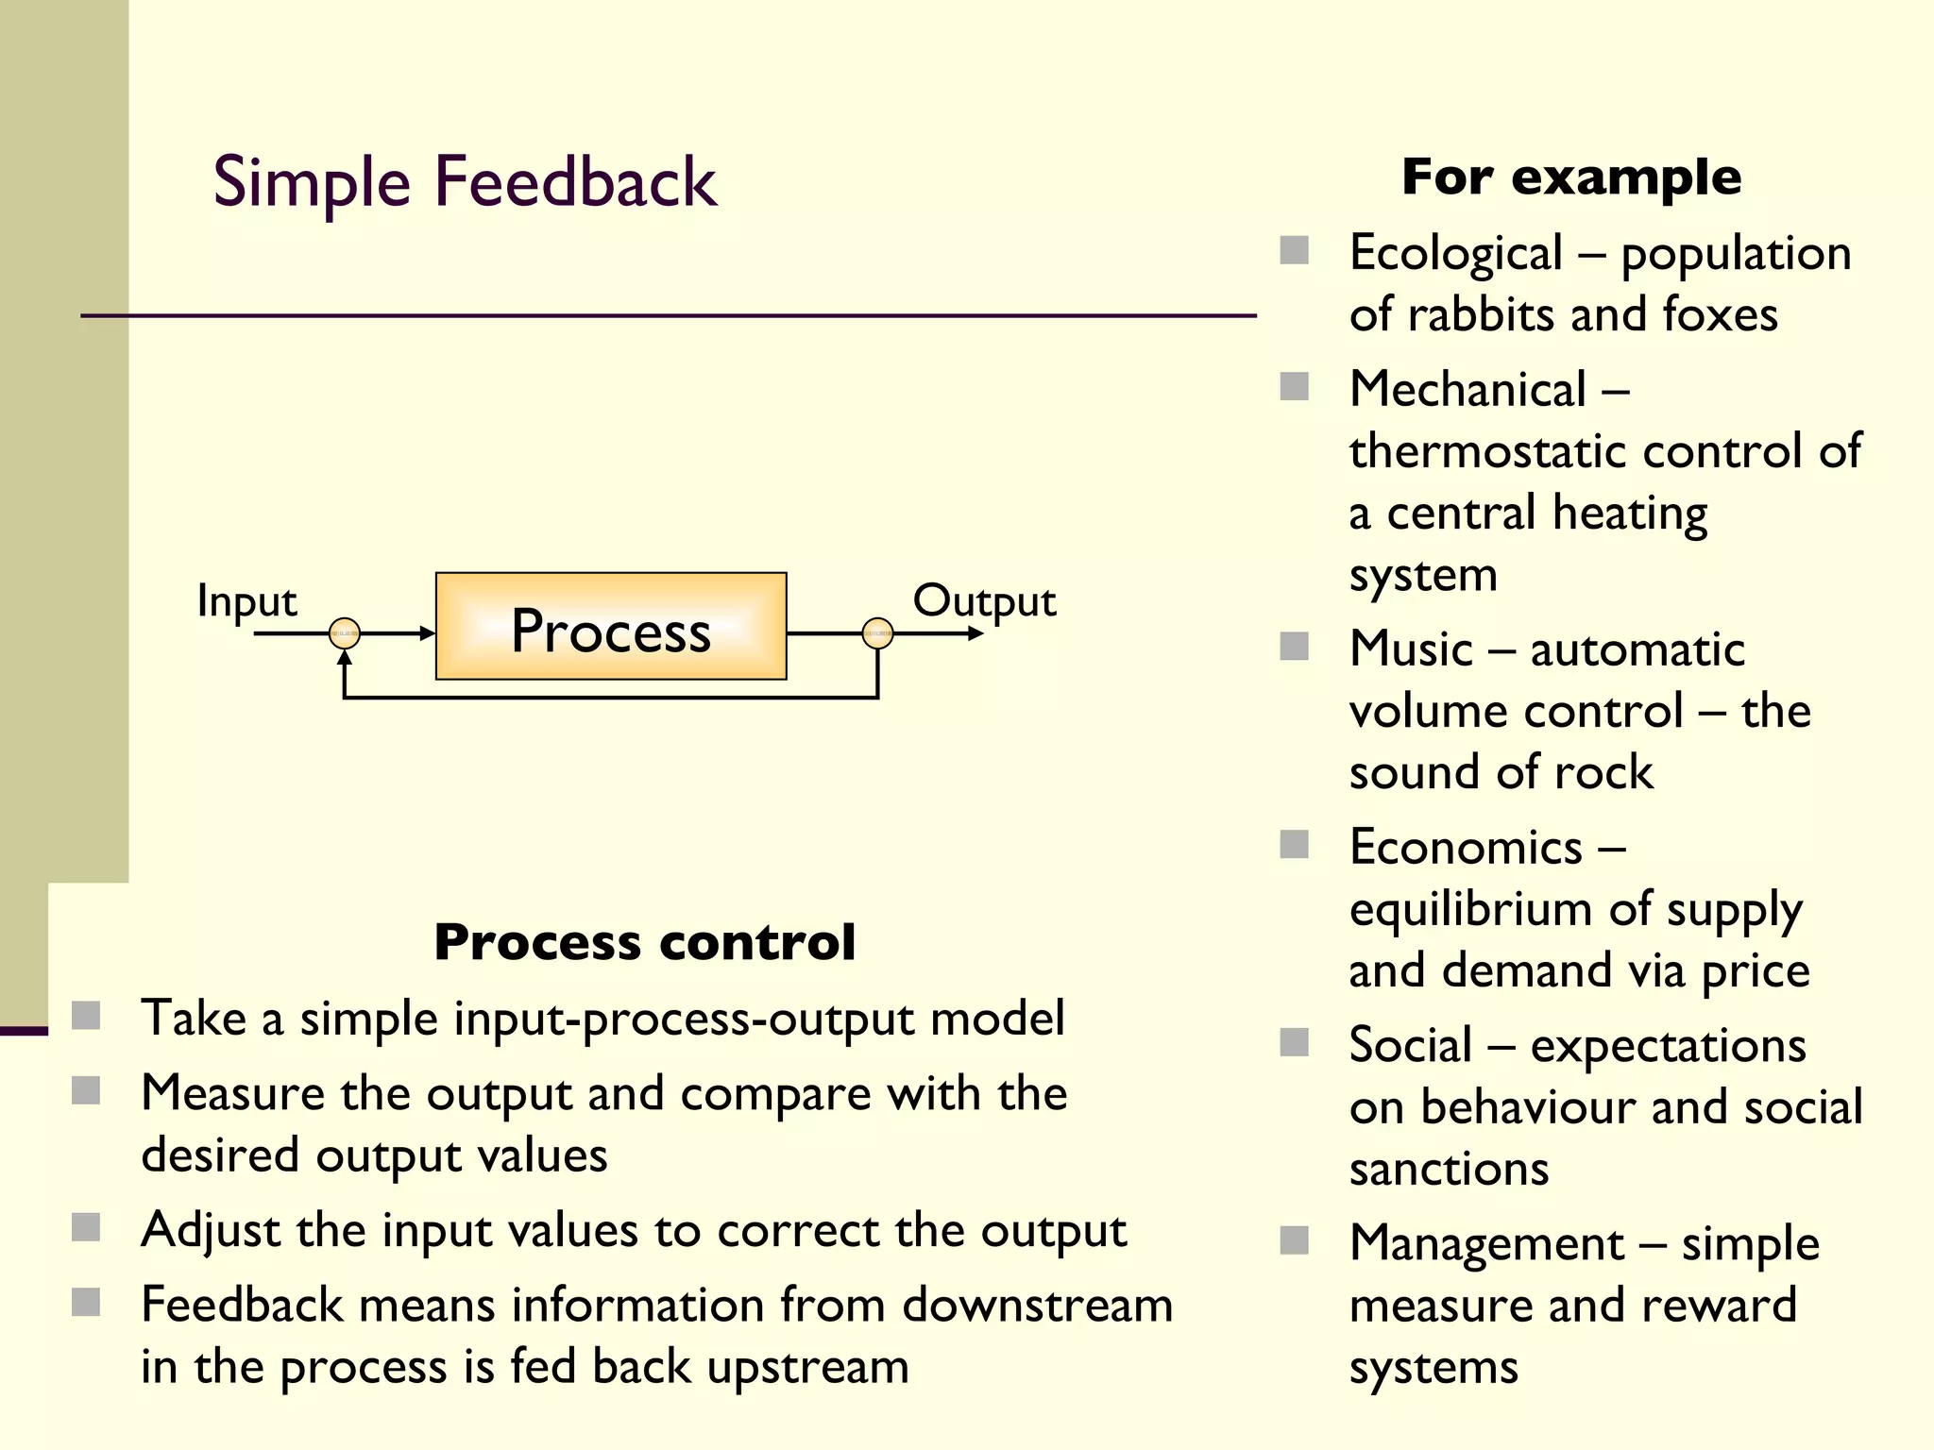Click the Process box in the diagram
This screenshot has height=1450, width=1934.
tap(611, 627)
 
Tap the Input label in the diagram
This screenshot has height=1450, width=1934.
tap(246, 601)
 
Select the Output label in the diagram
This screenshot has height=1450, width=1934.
tap(984, 601)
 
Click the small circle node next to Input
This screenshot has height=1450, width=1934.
tap(345, 633)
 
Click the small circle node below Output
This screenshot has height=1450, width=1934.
tap(877, 633)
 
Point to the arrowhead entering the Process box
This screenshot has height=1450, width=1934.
tap(427, 633)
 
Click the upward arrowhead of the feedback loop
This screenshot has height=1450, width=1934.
tap(345, 657)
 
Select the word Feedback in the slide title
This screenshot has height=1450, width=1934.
tap(575, 181)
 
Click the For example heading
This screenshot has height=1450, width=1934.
tap(1571, 177)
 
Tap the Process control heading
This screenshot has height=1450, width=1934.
tap(645, 942)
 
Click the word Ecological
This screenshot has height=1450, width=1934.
tap(1455, 254)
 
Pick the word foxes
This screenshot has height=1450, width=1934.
tap(1720, 314)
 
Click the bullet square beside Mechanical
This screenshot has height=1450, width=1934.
tap(1294, 386)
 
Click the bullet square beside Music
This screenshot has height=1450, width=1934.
tap(1294, 647)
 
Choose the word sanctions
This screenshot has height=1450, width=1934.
tap(1449, 1169)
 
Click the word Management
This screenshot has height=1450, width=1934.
tap(1486, 1243)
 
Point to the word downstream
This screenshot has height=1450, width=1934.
tap(1037, 1306)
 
